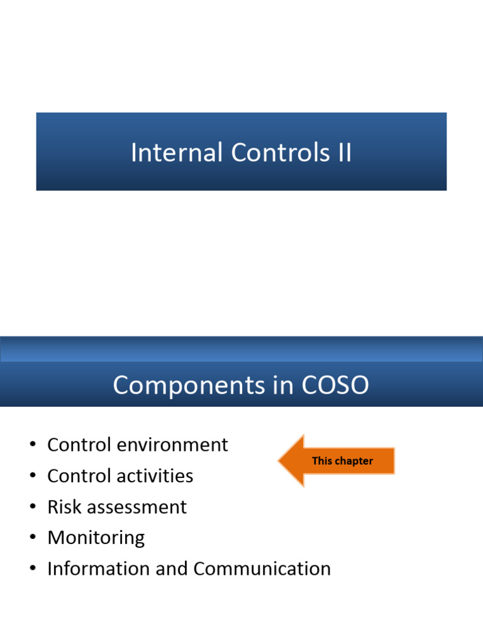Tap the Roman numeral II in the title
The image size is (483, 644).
coord(343,153)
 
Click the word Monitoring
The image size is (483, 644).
coord(96,538)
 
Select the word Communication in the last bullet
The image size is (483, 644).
coord(262,569)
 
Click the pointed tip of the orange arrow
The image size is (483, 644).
coord(280,461)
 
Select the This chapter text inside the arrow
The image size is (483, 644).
coord(342,461)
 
